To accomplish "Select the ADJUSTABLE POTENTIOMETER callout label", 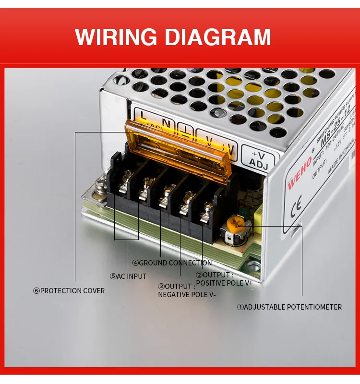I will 289,307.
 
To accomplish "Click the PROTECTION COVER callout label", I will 69,290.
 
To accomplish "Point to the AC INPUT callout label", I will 128,276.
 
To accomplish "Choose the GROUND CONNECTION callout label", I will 172,263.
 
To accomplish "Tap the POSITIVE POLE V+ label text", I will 224,283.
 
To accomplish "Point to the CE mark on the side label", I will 297,204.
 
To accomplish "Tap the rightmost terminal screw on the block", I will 207,209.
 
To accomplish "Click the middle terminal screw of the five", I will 166,196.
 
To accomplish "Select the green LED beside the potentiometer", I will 244,210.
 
